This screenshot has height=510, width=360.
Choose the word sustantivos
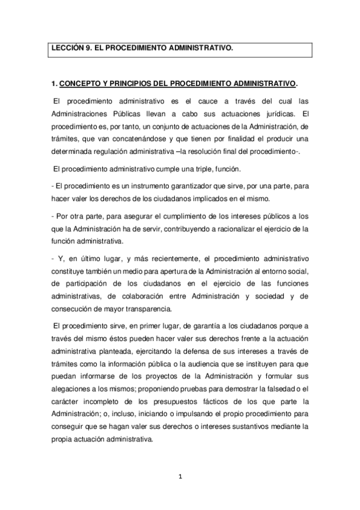255,426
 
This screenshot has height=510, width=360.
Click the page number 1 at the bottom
179,477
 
